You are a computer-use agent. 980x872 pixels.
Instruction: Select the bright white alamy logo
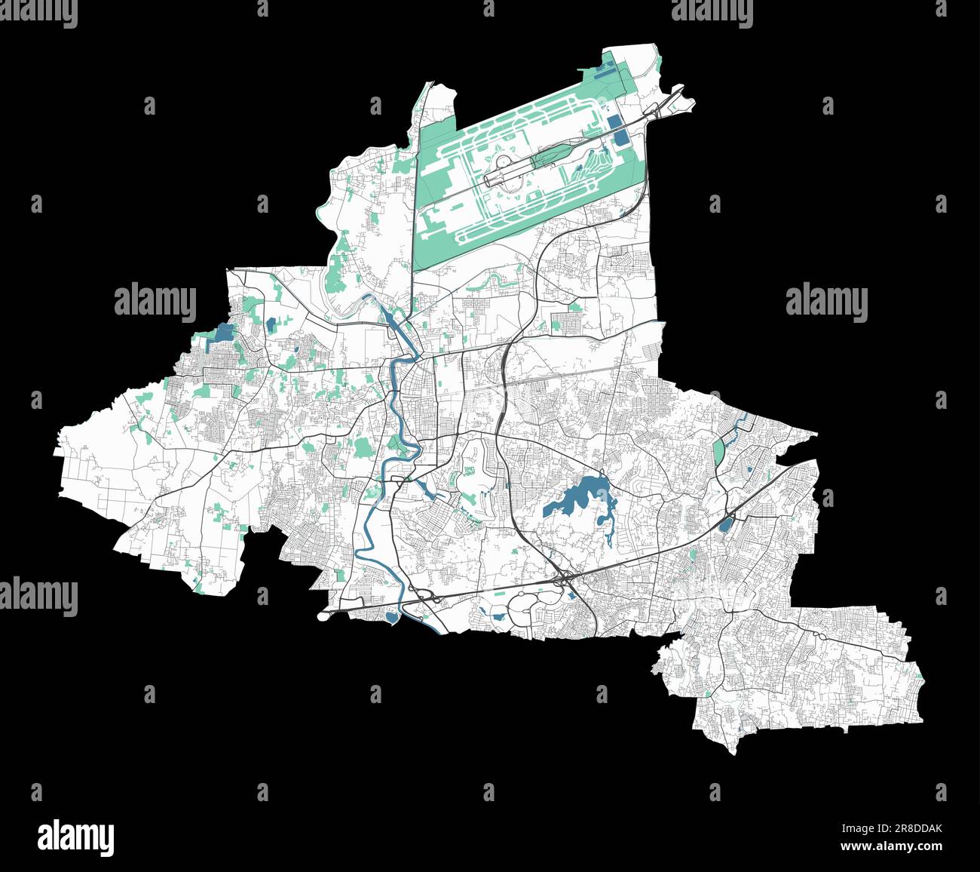pyautogui.click(x=75, y=838)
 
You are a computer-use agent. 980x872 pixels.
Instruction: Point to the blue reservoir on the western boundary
pyautogui.click(x=224, y=333)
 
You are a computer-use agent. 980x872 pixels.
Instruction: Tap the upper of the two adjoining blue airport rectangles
pyautogui.click(x=614, y=122)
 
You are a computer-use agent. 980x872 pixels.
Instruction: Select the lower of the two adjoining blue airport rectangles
pyautogui.click(x=620, y=138)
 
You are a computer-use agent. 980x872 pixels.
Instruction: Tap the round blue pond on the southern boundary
pyautogui.click(x=391, y=618)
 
